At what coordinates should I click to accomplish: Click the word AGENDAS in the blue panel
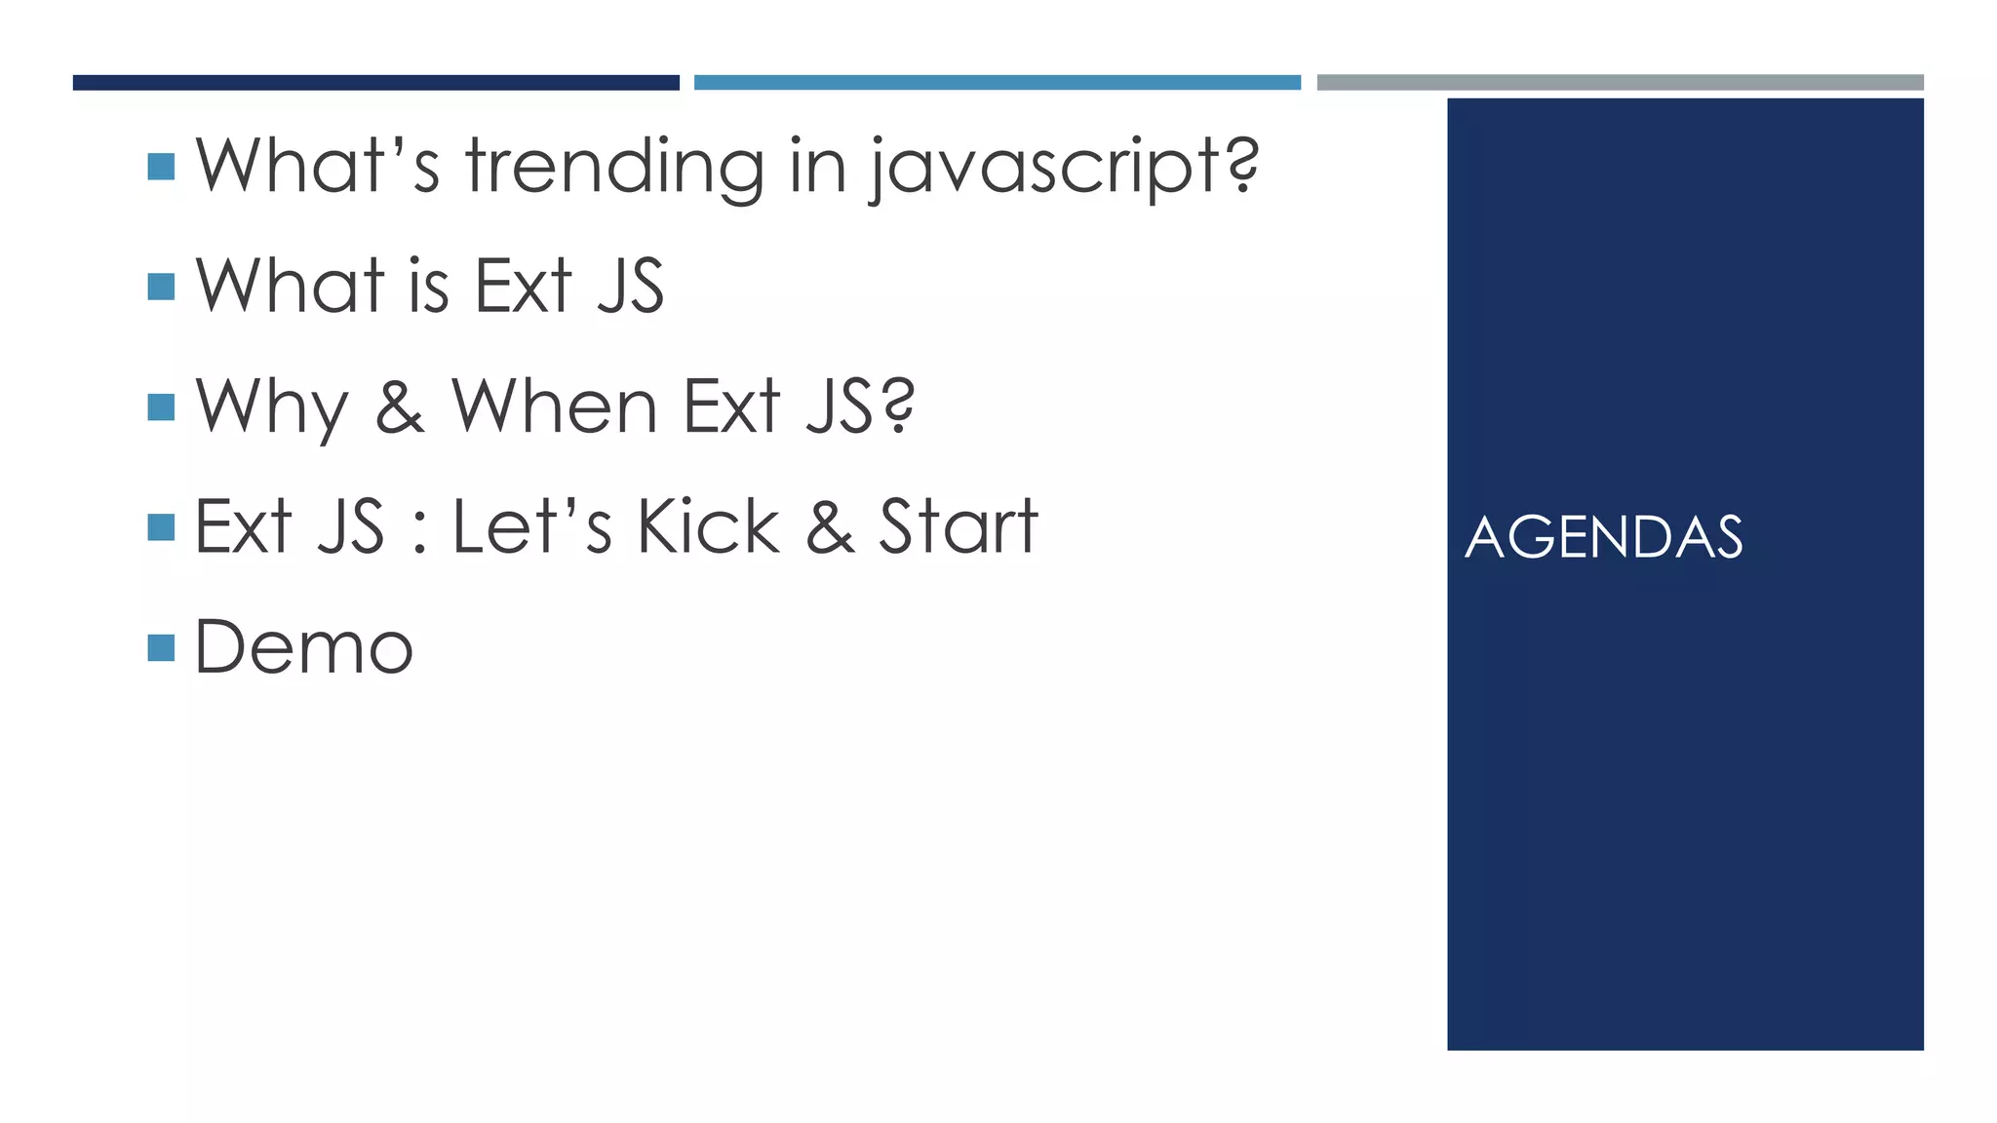pyautogui.click(x=1603, y=537)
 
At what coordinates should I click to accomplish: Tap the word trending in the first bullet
pyautogui.click(x=614, y=167)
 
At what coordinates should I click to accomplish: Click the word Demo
pyautogui.click(x=304, y=647)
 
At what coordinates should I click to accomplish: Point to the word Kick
pyautogui.click(x=709, y=527)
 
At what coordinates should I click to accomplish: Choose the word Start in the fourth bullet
pyautogui.click(x=959, y=527)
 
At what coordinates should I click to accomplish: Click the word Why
pyautogui.click(x=272, y=407)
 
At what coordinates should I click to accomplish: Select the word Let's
pyautogui.click(x=532, y=527)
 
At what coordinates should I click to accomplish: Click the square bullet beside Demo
pyautogui.click(x=161, y=647)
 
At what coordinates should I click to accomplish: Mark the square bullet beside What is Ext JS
pyautogui.click(x=161, y=287)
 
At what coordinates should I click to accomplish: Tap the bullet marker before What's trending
pyautogui.click(x=161, y=167)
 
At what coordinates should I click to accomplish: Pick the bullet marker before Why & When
pyautogui.click(x=161, y=407)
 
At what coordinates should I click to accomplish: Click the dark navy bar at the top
pyautogui.click(x=375, y=83)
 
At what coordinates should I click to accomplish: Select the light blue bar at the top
pyautogui.click(x=997, y=83)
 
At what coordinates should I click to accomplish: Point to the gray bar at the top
pyautogui.click(x=1620, y=83)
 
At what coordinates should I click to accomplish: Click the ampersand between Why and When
pyautogui.click(x=400, y=407)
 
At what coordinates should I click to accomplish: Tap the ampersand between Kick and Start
pyautogui.click(x=830, y=527)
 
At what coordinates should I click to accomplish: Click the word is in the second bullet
pyautogui.click(x=428, y=288)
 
